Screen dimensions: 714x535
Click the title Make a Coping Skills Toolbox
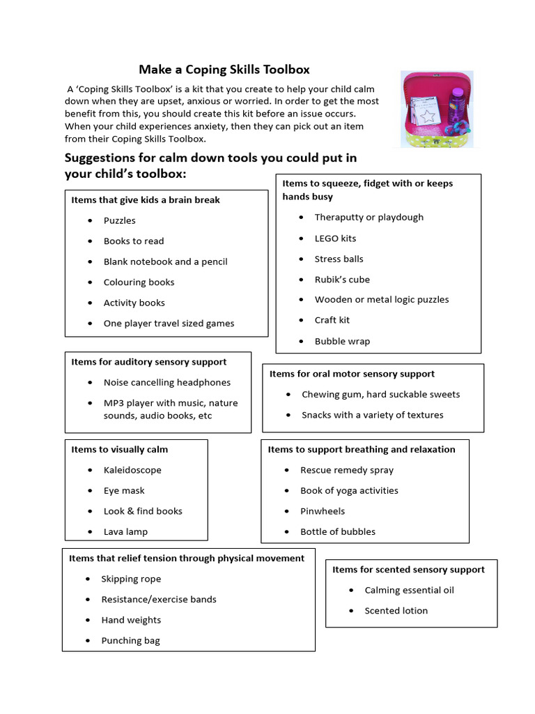224,70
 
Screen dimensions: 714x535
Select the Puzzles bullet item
120,220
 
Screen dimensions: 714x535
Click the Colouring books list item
139,282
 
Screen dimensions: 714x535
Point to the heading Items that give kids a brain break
145,200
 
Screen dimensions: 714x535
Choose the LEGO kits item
335,238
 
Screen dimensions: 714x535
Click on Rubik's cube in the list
342,280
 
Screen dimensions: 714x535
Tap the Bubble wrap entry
342,342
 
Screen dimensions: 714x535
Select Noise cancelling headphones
166,383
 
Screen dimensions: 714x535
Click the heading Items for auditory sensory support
148,362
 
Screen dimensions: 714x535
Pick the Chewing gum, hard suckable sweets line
380,395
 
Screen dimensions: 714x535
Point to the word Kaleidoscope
132,471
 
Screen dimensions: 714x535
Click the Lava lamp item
125,532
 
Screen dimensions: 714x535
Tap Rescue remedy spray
347,471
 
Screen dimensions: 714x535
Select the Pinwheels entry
323,511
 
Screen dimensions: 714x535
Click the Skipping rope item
131,579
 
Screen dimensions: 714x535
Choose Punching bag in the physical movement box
130,641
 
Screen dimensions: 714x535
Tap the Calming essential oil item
409,591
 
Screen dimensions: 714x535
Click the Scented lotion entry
396,611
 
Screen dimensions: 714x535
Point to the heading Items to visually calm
119,450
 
